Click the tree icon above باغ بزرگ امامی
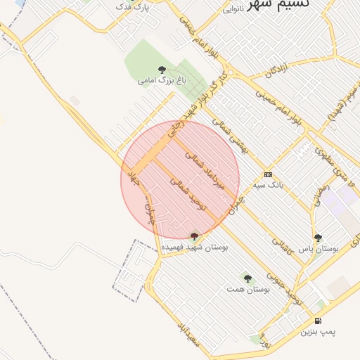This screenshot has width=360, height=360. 162,70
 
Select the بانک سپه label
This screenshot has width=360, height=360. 268,185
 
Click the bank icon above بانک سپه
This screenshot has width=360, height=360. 268,174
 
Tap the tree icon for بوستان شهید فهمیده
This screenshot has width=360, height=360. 195,237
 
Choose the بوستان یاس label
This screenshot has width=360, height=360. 319,249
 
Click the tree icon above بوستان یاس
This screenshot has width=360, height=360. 319,238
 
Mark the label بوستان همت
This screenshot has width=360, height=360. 248,289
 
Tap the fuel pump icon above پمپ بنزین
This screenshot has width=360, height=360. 319,321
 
